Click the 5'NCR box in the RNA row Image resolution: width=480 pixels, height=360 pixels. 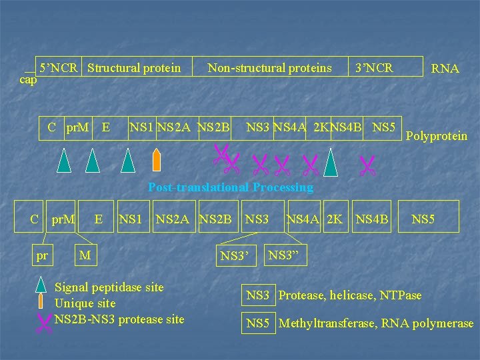(x=59, y=67)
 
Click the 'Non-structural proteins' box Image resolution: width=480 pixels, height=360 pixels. (x=269, y=67)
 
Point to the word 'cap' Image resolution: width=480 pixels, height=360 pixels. (x=28, y=80)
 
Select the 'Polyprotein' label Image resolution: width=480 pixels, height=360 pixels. (x=437, y=136)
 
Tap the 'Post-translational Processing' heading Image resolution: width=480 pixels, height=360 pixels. (x=231, y=187)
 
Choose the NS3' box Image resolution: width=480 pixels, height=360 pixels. (x=235, y=254)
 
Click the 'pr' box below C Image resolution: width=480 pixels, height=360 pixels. (x=42, y=254)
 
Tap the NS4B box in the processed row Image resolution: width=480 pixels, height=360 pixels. (x=372, y=218)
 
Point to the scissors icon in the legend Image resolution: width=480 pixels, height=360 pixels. (x=44, y=323)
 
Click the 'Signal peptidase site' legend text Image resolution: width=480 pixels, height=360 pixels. (x=109, y=287)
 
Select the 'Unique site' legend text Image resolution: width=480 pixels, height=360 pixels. (x=85, y=303)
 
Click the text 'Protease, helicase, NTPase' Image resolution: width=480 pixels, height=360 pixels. (x=350, y=295)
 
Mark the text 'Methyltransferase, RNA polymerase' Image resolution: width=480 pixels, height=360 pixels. (x=376, y=324)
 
